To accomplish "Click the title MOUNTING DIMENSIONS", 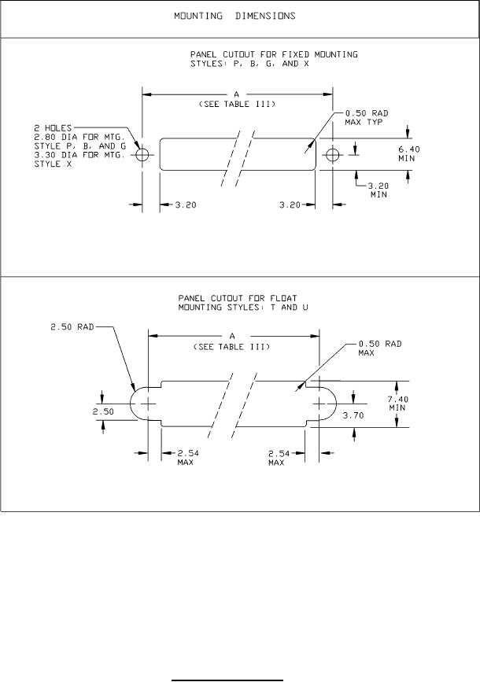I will click(x=235, y=17).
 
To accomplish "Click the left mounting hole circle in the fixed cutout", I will click(x=142, y=154).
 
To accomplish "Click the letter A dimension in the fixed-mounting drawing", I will click(x=236, y=94).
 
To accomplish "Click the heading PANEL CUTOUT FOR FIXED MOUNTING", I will click(x=274, y=54).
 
